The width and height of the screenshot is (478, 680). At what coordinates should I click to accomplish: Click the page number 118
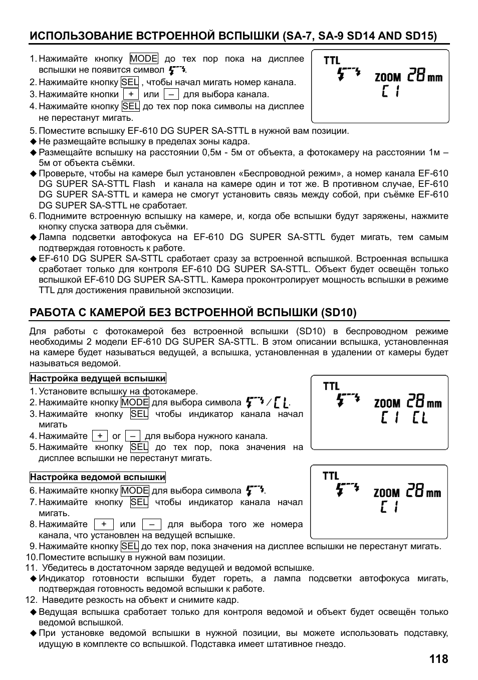(438, 659)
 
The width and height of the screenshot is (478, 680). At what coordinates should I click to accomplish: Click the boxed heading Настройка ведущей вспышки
(98, 378)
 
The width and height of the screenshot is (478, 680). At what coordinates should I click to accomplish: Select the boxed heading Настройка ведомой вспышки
(98, 477)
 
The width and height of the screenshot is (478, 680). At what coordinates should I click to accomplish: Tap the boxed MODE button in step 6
(135, 491)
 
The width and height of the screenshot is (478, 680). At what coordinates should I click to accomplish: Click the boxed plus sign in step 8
(104, 524)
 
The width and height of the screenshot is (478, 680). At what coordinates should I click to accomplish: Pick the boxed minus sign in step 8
(151, 524)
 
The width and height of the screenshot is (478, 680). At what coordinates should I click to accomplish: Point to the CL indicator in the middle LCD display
(420, 417)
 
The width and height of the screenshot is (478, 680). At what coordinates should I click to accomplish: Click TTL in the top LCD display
(332, 61)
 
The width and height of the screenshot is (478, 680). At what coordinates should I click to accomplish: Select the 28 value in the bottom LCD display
(415, 492)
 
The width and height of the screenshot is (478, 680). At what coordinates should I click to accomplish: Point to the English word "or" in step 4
(116, 436)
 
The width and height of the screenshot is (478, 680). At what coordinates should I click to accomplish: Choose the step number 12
(32, 600)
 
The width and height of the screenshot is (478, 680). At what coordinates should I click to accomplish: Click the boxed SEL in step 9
(130, 546)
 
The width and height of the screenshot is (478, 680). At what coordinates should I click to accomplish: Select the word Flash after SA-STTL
(144, 184)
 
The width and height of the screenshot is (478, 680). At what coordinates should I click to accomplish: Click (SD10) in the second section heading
(339, 313)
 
